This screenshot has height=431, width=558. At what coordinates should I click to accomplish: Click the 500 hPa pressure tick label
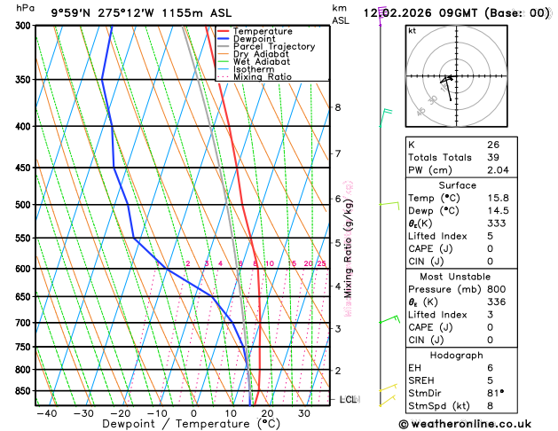17,205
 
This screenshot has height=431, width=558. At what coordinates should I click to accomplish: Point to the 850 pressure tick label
17,391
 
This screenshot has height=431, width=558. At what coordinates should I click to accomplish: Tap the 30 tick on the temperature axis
304,413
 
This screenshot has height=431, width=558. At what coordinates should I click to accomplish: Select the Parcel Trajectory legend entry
273,46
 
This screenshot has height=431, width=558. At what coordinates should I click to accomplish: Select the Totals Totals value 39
492,157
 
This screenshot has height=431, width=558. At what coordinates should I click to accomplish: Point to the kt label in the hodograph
412,30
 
